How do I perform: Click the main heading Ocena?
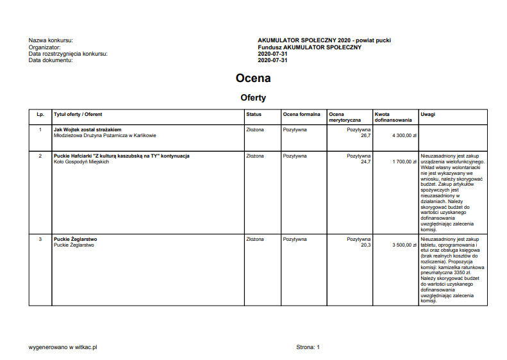pyautogui.click(x=253, y=78)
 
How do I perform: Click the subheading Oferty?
pyautogui.click(x=253, y=98)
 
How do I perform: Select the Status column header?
pyautogui.click(x=254, y=115)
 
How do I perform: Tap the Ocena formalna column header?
pyautogui.click(x=301, y=115)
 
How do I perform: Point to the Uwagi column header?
pyautogui.click(x=428, y=115)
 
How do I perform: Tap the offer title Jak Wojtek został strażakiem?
pyautogui.click(x=88, y=129)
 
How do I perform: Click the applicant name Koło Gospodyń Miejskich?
pyautogui.click(x=81, y=162)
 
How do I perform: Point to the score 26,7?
pyautogui.click(x=365, y=136)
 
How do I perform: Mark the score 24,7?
pyautogui.click(x=365, y=162)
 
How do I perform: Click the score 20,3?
pyautogui.click(x=365, y=245)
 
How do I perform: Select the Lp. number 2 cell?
pyautogui.click(x=40, y=156)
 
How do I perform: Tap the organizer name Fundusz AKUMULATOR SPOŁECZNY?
pyautogui.click(x=310, y=47)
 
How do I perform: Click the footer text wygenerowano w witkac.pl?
pyautogui.click(x=63, y=347)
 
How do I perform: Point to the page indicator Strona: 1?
pyautogui.click(x=308, y=347)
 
